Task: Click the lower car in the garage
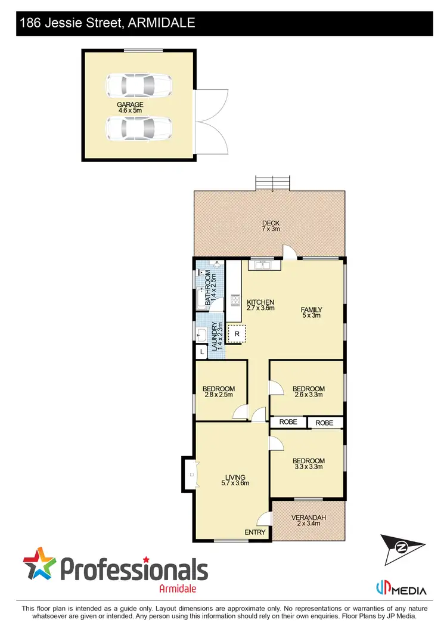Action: coord(138,127)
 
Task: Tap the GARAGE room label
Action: coord(129,108)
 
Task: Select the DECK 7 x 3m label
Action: coord(271,225)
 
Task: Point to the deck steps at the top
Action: coord(272,182)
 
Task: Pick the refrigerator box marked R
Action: coord(237,334)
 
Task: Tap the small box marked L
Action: coord(202,352)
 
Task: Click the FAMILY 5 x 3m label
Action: coord(311,312)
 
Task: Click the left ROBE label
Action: coord(288,423)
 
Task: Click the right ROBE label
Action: coord(325,423)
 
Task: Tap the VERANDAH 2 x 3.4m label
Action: coord(308,521)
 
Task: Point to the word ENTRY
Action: coord(256,532)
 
